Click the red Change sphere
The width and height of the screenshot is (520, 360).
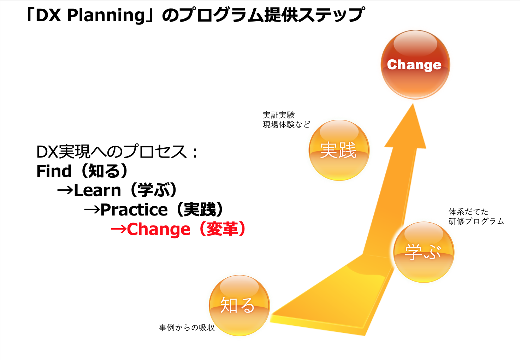(415, 65)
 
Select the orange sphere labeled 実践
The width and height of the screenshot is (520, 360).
(339, 150)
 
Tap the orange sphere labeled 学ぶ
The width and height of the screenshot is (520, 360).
(424, 252)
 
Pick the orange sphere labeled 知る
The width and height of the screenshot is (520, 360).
(240, 305)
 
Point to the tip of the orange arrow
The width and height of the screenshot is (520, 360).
(413, 104)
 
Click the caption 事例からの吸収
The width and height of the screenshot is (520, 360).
(187, 327)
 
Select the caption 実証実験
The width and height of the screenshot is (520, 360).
(279, 115)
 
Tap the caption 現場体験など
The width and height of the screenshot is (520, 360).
(286, 125)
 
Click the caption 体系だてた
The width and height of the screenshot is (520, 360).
(468, 212)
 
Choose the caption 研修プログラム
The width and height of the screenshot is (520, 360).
(476, 221)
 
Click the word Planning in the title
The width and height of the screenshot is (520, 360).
(106, 16)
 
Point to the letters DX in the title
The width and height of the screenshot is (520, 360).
(48, 16)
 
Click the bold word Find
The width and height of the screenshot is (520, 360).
(54, 171)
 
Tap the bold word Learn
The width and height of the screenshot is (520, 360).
(97, 190)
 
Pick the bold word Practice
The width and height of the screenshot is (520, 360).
(134, 209)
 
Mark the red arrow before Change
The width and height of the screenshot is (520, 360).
(119, 229)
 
